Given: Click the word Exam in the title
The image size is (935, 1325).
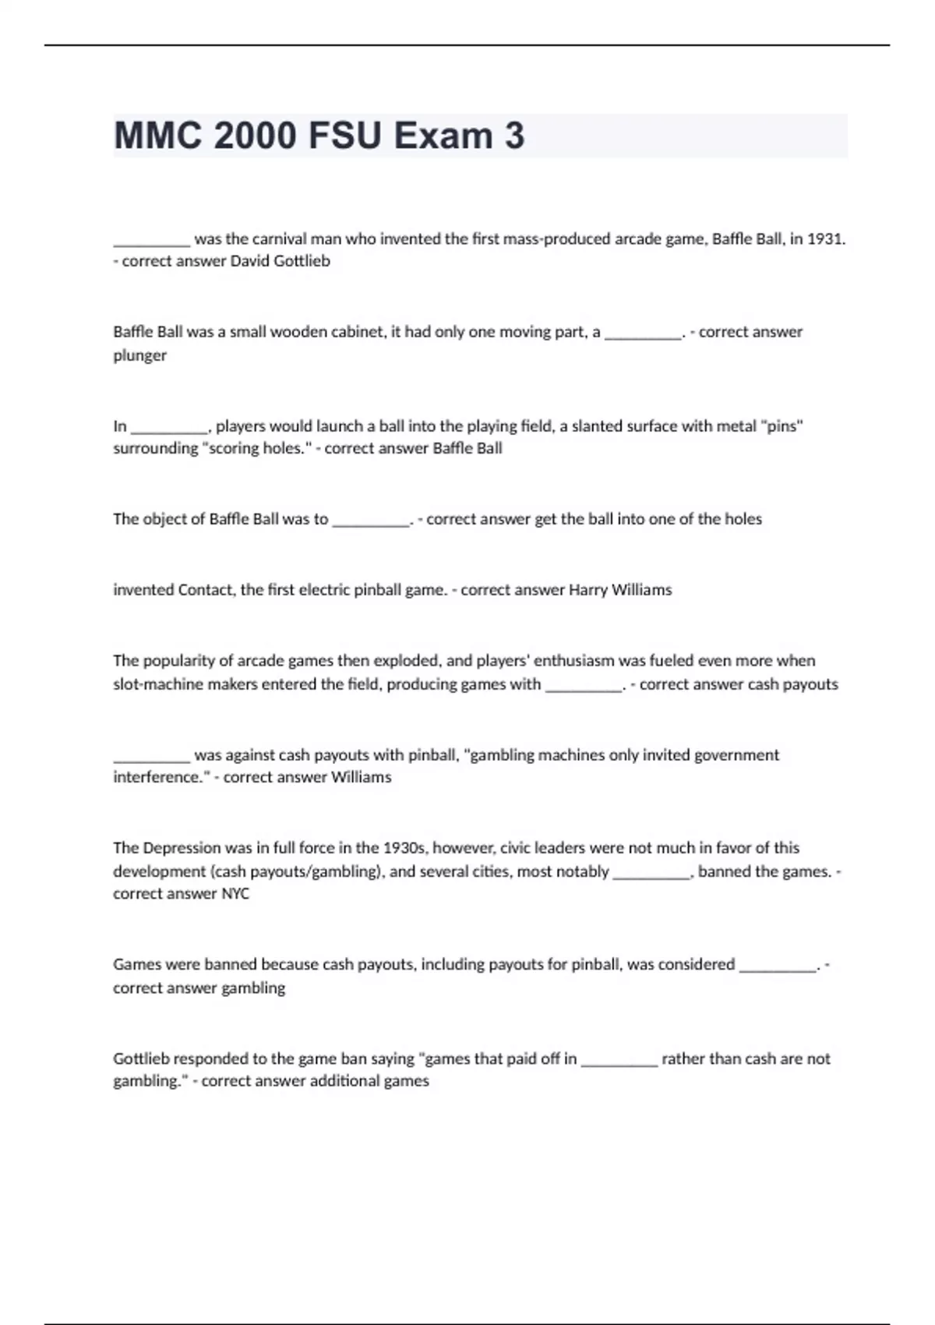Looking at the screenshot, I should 443,136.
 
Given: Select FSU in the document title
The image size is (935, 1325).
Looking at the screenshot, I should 344,136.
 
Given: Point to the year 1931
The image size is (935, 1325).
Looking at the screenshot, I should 825,239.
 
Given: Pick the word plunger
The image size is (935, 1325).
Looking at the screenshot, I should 139,355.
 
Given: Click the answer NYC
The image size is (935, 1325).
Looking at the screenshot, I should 235,894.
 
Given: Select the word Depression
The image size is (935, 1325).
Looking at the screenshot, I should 182,848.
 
